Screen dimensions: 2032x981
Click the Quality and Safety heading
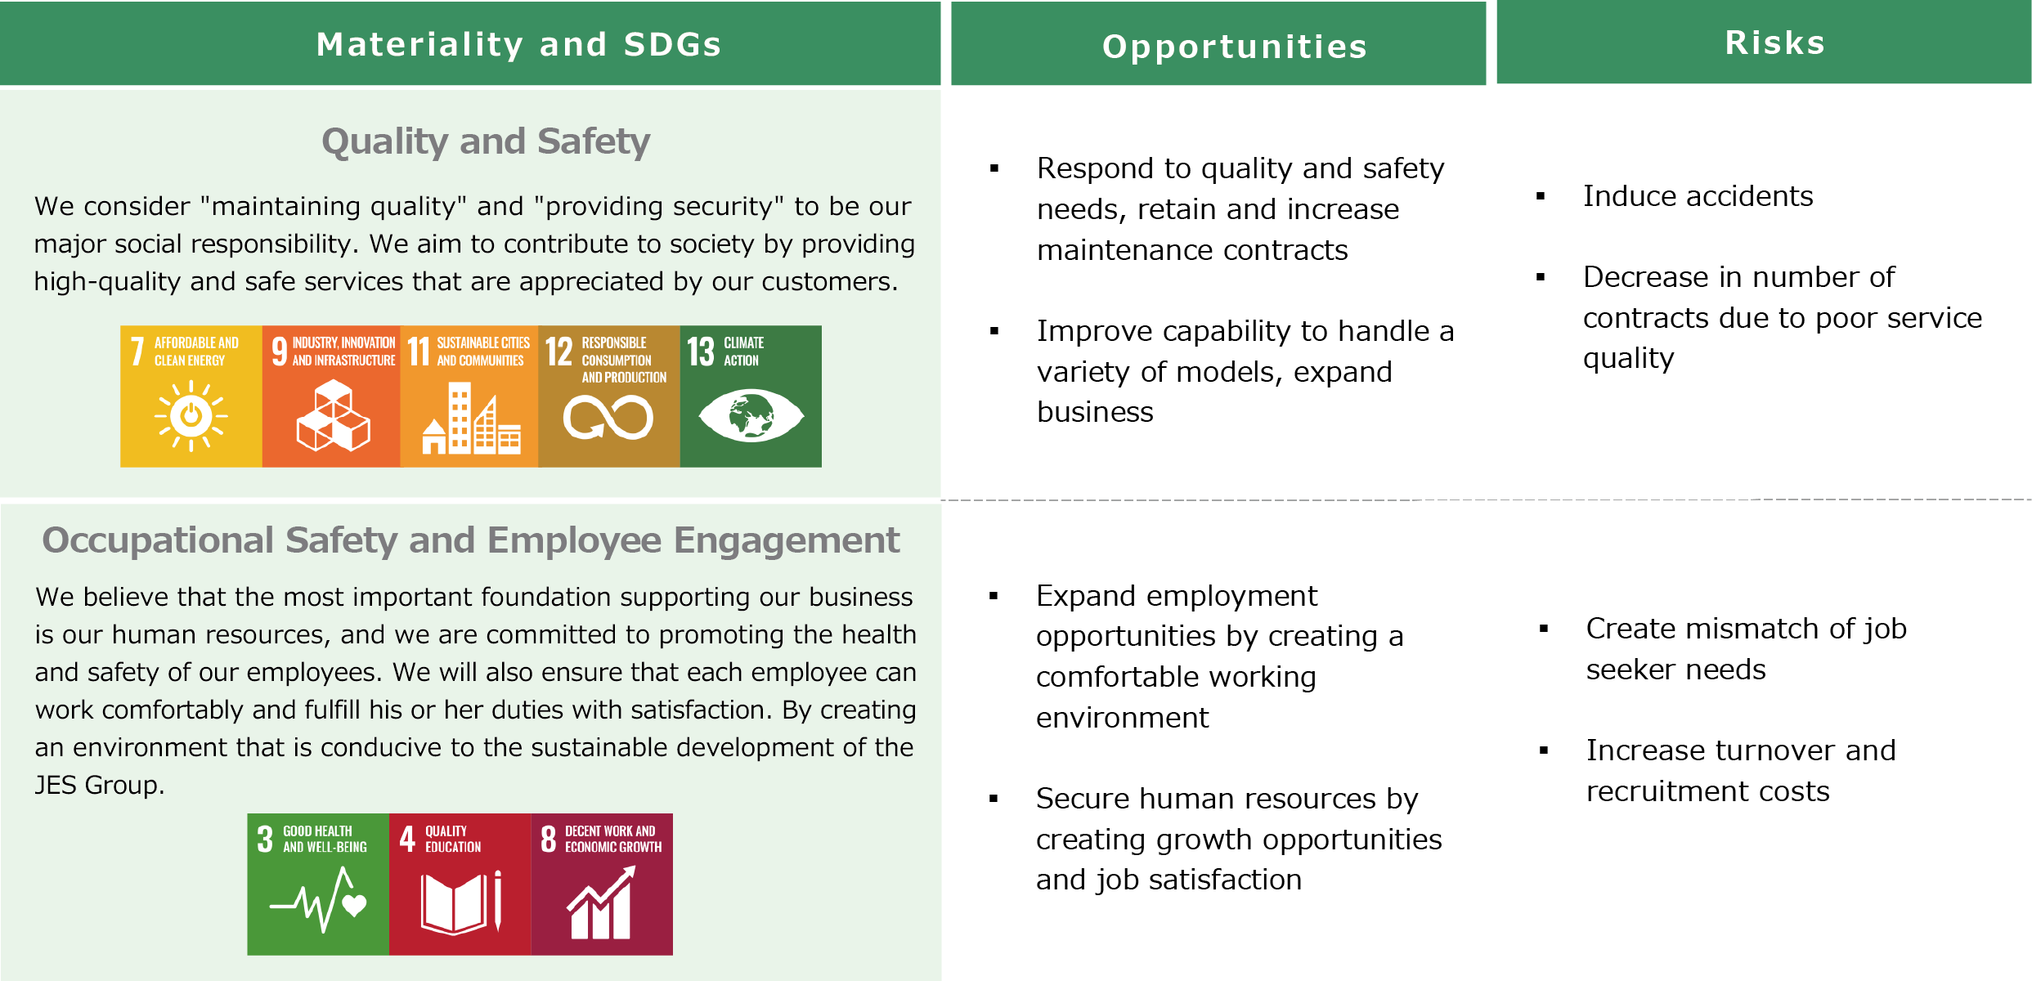pos(486,141)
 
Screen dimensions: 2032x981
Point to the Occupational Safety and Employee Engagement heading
pos(470,540)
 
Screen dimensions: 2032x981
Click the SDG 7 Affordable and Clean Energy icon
pos(191,396)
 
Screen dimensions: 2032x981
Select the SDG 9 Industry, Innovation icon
pos(331,396)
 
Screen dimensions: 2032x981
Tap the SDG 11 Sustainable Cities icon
pos(469,396)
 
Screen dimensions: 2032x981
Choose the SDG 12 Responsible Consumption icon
pos(609,396)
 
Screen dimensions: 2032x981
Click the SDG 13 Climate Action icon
pos(751,396)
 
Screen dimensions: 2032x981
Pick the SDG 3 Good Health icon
pos(318,885)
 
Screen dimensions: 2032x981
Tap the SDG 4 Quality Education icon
pos(460,885)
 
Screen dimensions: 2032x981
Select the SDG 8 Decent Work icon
pos(602,885)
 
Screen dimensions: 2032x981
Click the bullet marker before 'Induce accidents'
pos(1541,196)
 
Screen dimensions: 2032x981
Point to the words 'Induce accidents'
pos(1698,196)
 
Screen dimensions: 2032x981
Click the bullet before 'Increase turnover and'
pos(1544,750)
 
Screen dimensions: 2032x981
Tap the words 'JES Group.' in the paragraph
pos(100,785)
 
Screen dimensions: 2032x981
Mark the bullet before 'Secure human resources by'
pos(994,799)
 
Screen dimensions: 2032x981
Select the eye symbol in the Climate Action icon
pos(751,415)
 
